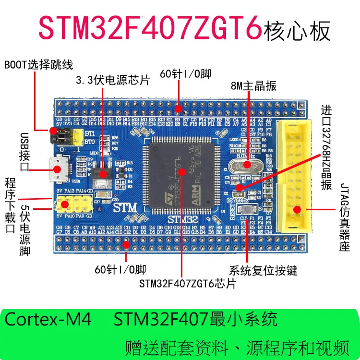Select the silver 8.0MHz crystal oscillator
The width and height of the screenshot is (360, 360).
(x=245, y=166)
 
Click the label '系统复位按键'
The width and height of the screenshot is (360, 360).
(x=263, y=271)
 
